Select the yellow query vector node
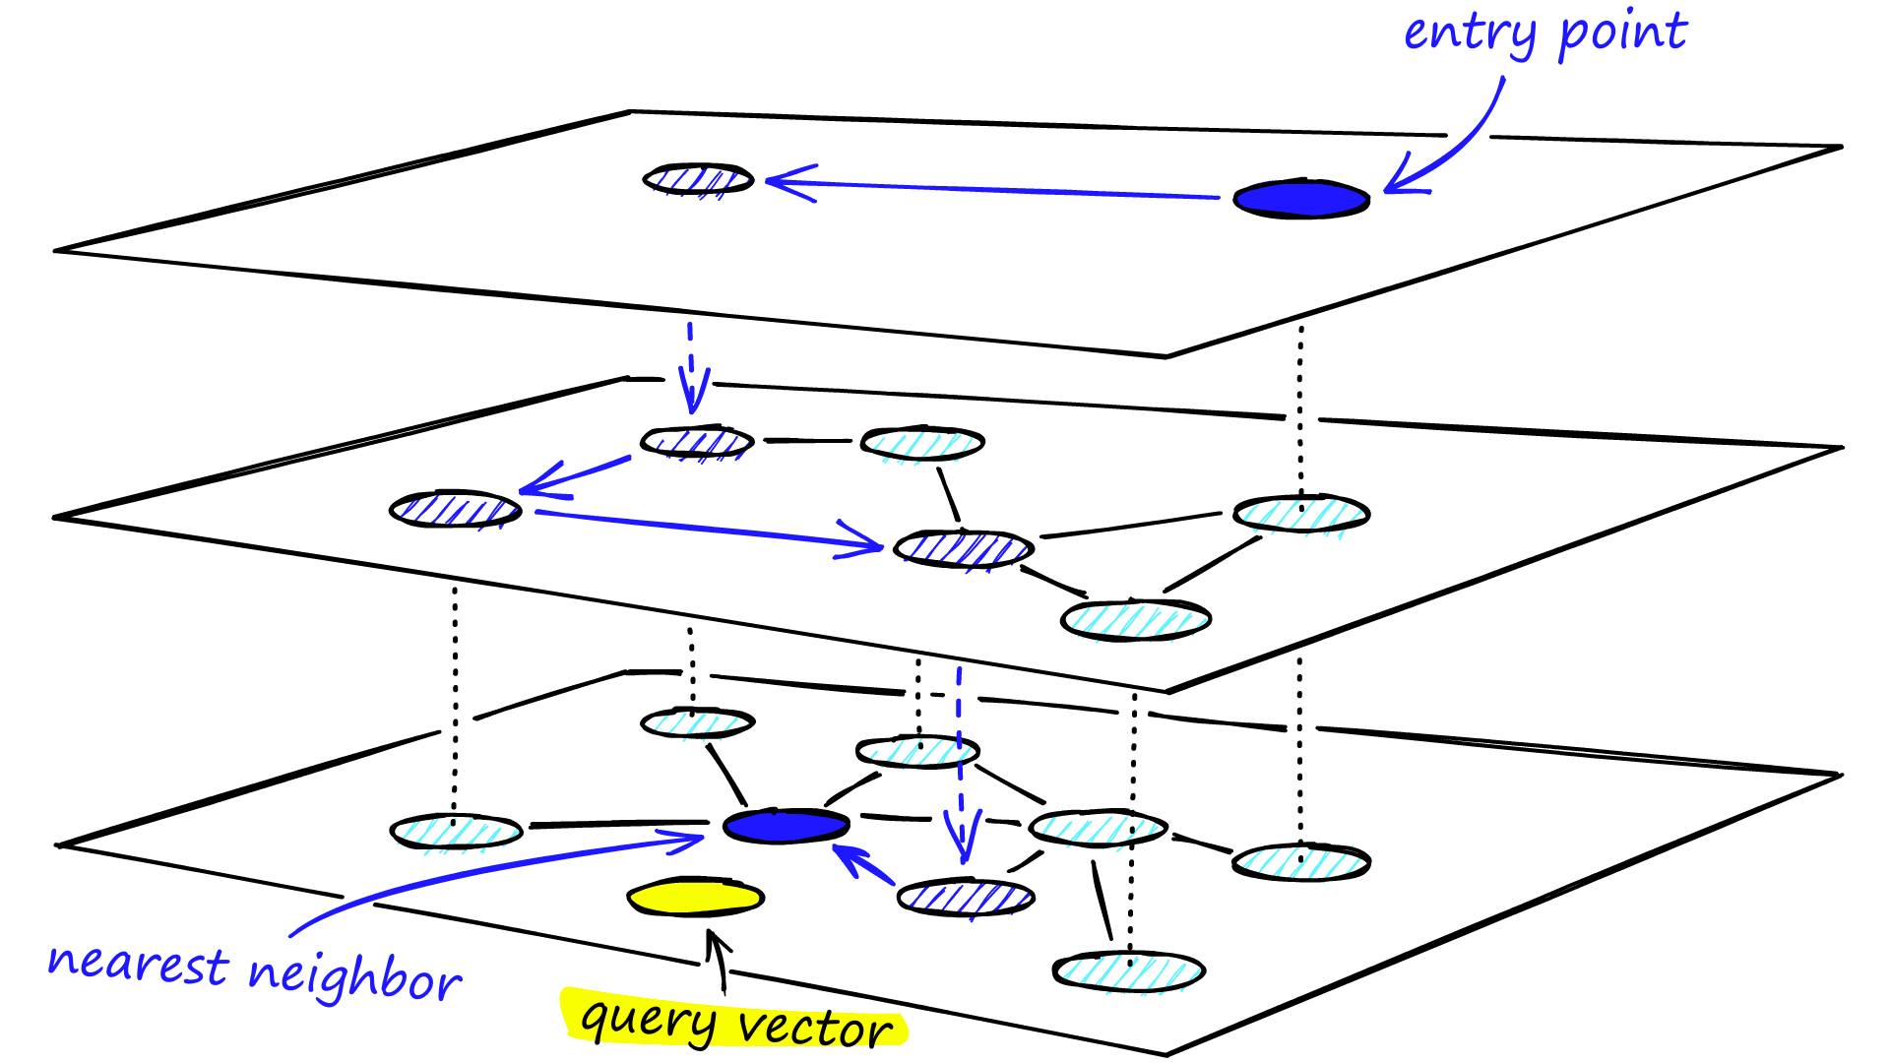click(696, 898)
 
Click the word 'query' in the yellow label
click(648, 1020)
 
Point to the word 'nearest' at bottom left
click(138, 964)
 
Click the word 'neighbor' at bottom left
click(354, 976)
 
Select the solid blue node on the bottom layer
click(786, 827)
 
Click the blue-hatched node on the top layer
click(698, 179)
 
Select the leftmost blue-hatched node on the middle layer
click(455, 510)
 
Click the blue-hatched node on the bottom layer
click(966, 898)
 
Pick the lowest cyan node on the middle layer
click(1135, 620)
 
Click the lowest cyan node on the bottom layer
click(1129, 972)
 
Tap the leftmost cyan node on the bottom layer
click(456, 833)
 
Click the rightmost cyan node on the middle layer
click(1301, 514)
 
